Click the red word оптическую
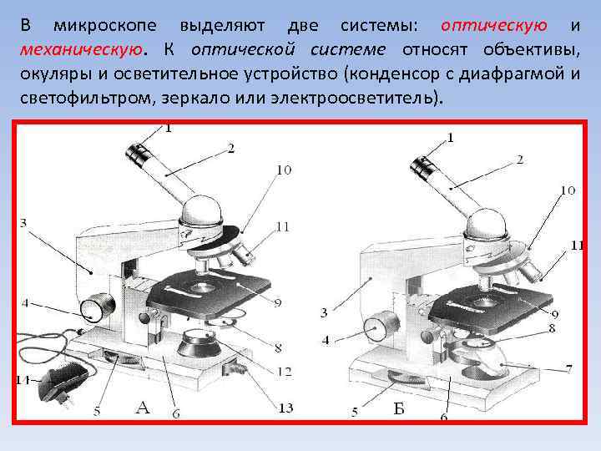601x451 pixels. [493, 26]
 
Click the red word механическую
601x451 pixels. [82, 50]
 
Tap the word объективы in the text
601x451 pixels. [531, 50]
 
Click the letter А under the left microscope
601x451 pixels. [142, 408]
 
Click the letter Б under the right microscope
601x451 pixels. [399, 408]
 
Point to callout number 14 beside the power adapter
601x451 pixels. [23, 380]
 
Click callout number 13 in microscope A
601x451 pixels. [285, 408]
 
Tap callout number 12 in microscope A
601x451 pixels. [285, 371]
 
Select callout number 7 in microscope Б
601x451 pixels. [568, 369]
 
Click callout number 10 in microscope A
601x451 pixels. [284, 170]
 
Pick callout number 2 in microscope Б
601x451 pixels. [519, 160]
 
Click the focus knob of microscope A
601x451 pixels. [98, 307]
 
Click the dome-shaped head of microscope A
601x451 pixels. [202, 210]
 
